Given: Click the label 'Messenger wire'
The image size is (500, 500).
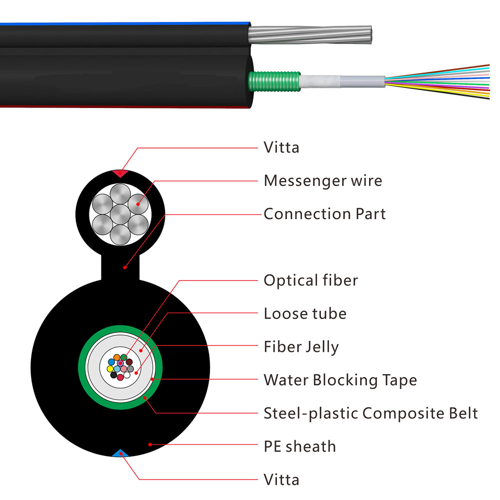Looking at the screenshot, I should click(322, 180).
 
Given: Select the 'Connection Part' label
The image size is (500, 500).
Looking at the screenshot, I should click(324, 214).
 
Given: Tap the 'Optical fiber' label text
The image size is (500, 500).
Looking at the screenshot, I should click(310, 280).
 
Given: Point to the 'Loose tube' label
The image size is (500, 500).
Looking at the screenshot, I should click(305, 314).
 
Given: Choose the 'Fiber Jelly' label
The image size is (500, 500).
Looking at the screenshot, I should click(301, 347).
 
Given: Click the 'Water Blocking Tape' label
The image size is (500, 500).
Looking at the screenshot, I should click(340, 380).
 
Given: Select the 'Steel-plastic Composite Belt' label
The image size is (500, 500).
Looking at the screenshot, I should click(370, 413).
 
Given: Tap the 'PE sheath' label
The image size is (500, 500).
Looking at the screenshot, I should click(299, 446).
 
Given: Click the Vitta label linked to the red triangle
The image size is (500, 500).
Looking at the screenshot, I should click(281, 147).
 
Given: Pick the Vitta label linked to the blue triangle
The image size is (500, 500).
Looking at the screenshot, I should click(281, 480).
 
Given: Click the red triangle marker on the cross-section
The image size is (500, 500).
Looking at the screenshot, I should click(119, 173).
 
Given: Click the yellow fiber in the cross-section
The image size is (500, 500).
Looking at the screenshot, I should click(110, 369).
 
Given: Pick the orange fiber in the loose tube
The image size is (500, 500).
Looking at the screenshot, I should click(117, 357).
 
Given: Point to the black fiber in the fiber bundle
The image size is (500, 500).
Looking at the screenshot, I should click(113, 375).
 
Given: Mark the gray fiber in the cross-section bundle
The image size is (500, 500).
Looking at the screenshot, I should click(130, 369).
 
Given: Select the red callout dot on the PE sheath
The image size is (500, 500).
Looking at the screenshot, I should click(150, 443).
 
